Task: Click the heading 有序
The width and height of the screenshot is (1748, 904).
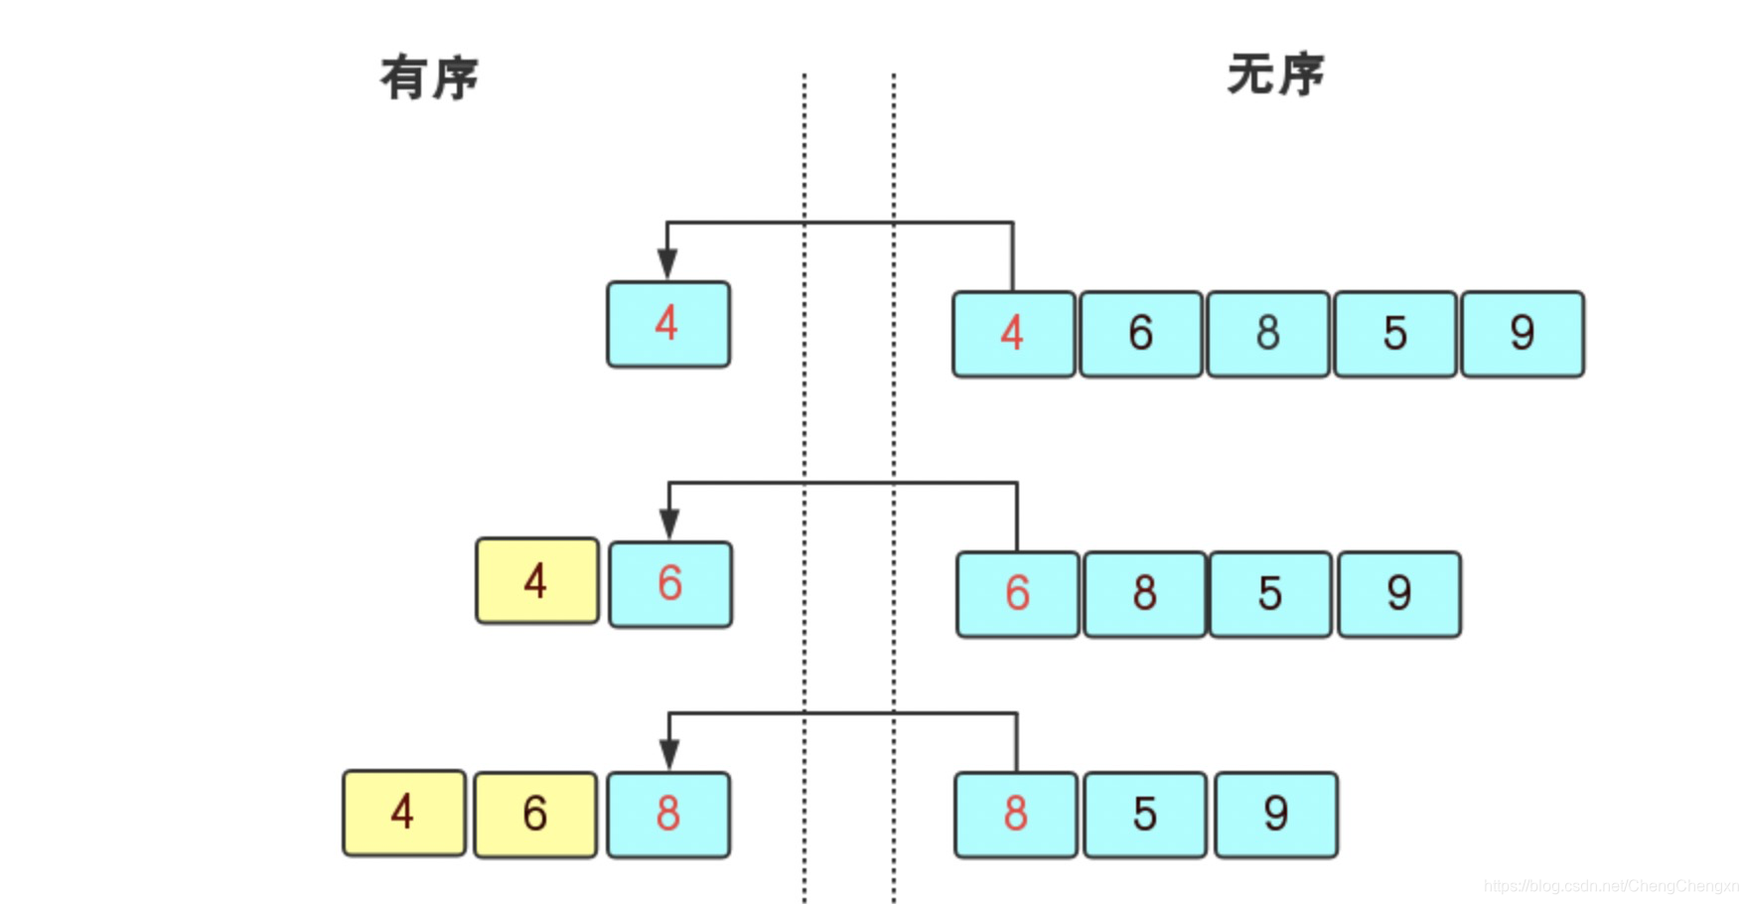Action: point(429,77)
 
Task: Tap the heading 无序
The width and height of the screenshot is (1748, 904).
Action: point(1275,75)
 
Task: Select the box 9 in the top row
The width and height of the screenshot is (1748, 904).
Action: point(1523,334)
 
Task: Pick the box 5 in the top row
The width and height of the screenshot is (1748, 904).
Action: point(1395,334)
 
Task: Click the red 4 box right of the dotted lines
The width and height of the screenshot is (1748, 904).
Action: point(1013,334)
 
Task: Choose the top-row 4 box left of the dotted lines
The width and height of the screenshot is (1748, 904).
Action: point(668,324)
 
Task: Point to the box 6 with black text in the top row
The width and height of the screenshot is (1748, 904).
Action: point(1141,334)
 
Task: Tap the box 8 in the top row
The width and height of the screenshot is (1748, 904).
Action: point(1268,334)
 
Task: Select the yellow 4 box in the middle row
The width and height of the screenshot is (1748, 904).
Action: point(537,581)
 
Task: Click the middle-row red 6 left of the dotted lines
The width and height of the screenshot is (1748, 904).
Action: point(670,584)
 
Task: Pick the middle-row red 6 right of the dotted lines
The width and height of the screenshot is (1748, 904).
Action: point(1018,594)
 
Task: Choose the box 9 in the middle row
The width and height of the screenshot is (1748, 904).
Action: point(1399,594)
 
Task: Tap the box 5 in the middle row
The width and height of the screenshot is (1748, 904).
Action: point(1270,594)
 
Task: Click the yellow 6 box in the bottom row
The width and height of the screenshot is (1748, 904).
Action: point(535,815)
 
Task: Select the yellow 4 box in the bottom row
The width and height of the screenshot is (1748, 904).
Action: point(404,813)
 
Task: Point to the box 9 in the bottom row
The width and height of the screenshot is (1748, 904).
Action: point(1276,815)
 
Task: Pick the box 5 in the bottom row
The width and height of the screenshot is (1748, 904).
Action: point(1145,815)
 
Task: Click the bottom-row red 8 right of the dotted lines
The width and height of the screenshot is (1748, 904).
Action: point(1016,815)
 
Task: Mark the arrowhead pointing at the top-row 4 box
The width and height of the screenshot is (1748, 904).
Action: point(667,264)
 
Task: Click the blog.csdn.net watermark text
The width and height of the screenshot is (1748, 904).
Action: point(1610,886)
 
